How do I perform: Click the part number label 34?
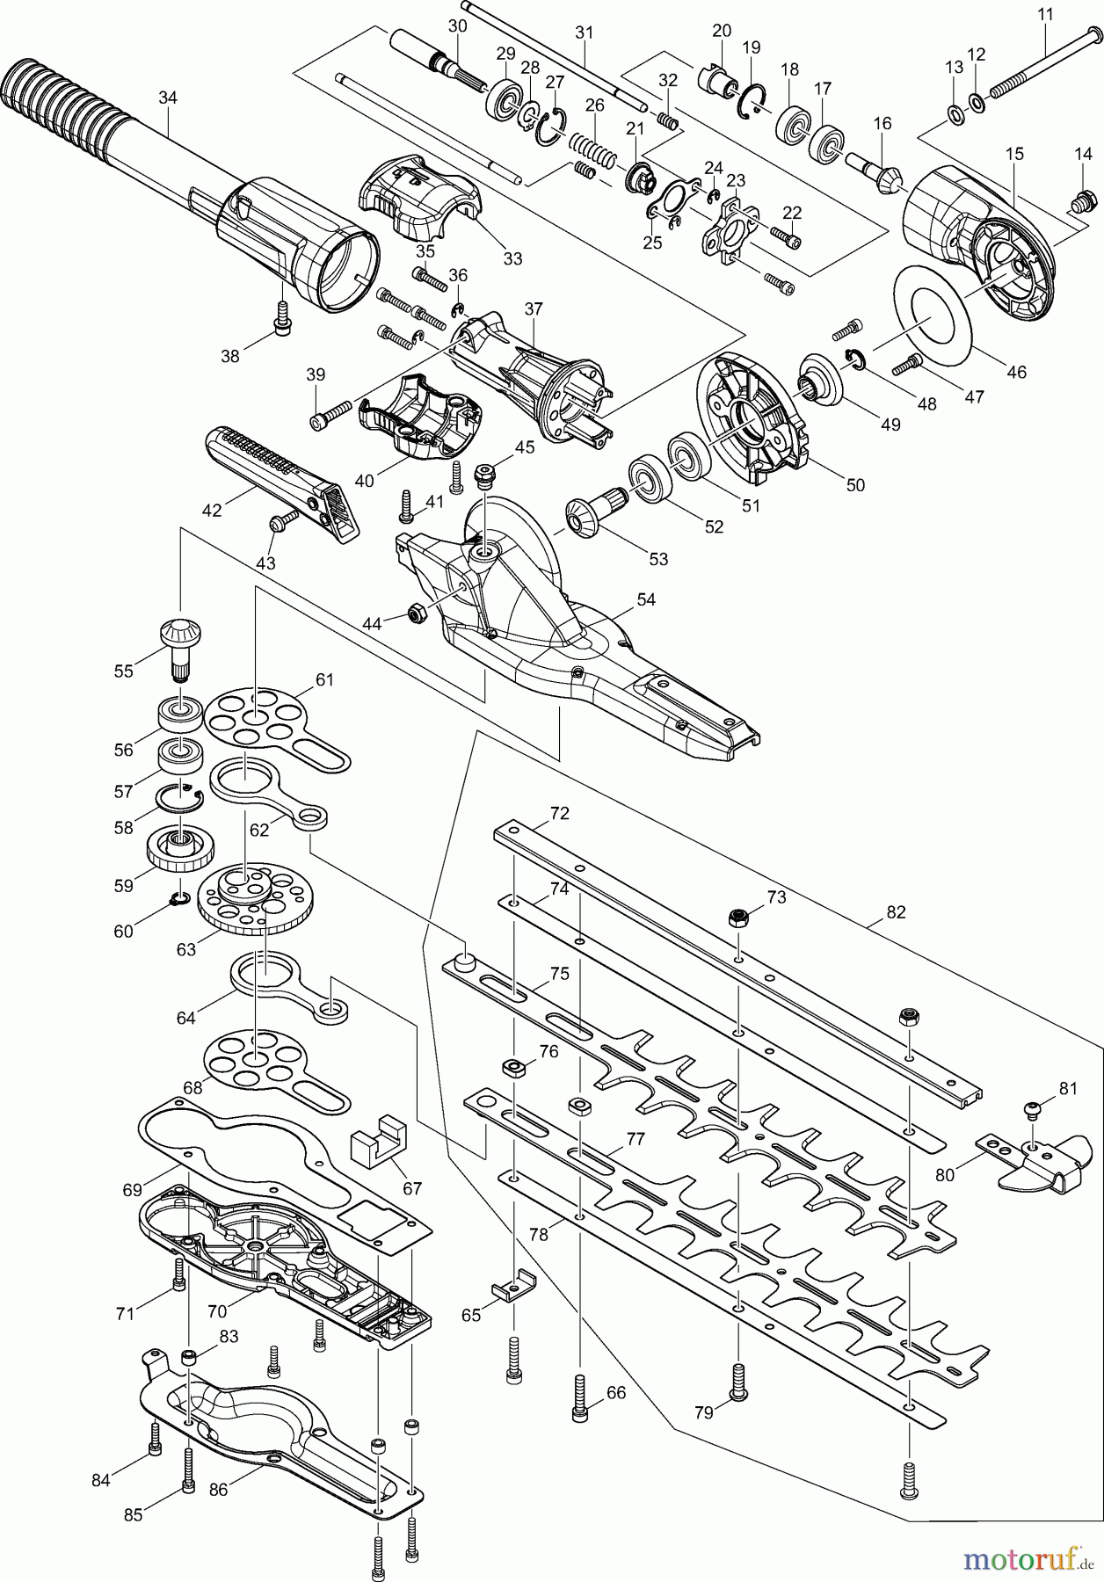[167, 98]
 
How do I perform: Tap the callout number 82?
[895, 913]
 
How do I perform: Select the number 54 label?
[646, 600]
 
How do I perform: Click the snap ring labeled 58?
[179, 797]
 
